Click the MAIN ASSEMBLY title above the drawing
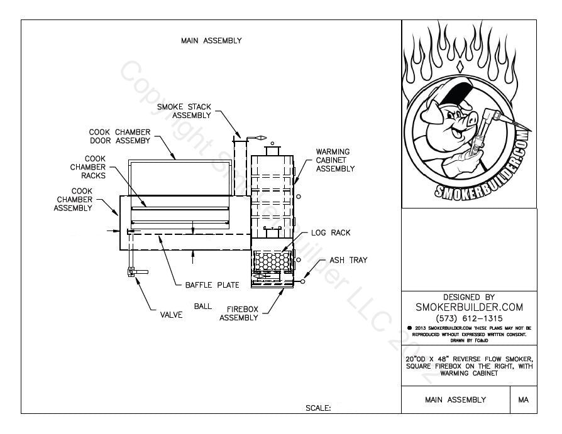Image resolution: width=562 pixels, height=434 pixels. (211, 41)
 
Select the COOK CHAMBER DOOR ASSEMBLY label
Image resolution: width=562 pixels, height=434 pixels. (119, 136)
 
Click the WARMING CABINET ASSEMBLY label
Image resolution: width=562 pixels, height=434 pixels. (335, 160)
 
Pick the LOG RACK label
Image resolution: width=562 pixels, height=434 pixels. (331, 233)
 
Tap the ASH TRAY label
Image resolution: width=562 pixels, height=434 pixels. (348, 260)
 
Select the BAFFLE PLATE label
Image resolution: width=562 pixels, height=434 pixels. (212, 285)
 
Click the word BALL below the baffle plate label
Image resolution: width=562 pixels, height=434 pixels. (202, 307)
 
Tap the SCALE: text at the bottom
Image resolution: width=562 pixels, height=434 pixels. (318, 408)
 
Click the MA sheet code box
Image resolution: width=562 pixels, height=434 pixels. (523, 399)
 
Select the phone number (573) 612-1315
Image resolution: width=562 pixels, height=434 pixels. (469, 318)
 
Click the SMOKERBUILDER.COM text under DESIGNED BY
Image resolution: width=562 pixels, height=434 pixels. (469, 307)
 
